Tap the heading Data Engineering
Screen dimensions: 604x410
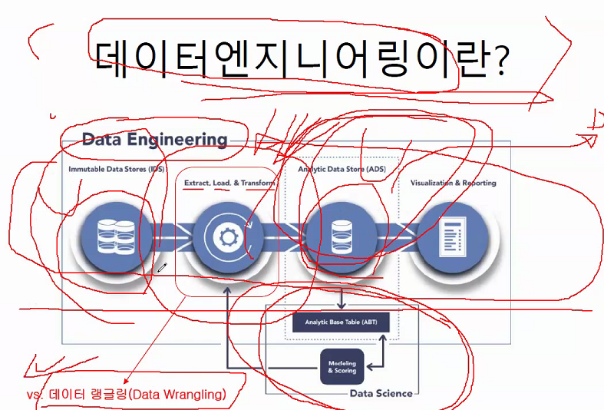coord(154,140)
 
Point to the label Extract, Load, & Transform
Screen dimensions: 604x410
coord(229,184)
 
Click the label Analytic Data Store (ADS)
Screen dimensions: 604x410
coord(342,169)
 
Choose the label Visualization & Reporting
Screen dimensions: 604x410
coord(453,183)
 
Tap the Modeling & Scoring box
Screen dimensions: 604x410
coord(342,366)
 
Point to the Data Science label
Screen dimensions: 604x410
coord(381,393)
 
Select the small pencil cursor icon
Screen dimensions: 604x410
coord(162,268)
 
